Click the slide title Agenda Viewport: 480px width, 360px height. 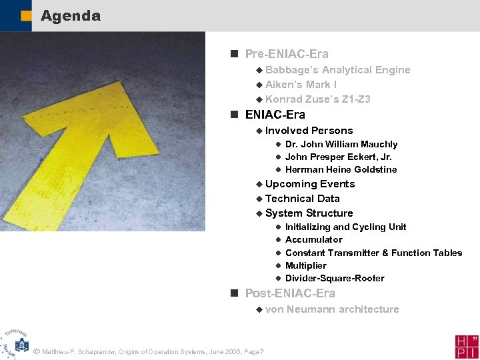tap(70, 16)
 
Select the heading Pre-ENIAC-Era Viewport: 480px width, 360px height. tap(287, 54)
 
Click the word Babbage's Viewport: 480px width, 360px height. tap(291, 70)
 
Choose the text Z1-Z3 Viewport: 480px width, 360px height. tap(357, 99)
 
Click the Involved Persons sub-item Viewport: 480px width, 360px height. tap(309, 131)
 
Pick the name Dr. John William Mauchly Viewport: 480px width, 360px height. tap(341, 144)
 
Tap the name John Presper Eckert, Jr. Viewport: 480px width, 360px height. tap(338, 157)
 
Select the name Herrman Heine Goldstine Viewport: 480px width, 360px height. tap(341, 169)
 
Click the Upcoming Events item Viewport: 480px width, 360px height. tap(310, 184)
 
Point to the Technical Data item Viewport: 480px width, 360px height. tap(302, 199)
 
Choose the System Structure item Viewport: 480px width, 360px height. tap(309, 213)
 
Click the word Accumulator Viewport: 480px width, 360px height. tap(313, 239)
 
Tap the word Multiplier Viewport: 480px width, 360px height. tap(305, 265)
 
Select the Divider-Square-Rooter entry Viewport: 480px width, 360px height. tap(335, 278)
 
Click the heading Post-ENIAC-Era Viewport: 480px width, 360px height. tap(290, 293)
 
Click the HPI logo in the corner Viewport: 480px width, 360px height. tap(467, 345)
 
